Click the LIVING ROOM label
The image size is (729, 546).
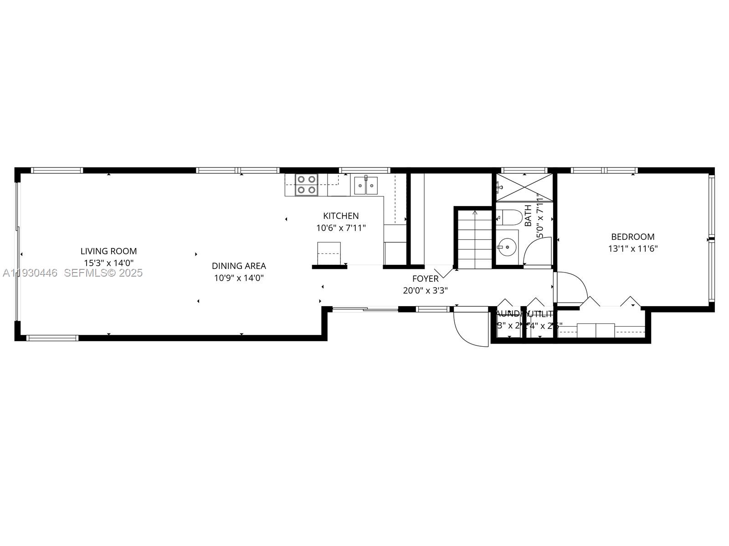[108, 251]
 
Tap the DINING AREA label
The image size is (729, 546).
[239, 266]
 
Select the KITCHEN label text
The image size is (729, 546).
[341, 216]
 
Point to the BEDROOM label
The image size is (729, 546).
[632, 237]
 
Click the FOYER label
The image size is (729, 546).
[425, 279]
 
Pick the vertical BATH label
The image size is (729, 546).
[528, 216]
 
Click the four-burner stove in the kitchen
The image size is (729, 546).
[306, 185]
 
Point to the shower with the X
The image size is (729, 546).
[524, 187]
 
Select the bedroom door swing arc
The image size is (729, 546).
[572, 287]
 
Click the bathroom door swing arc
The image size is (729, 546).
[538, 253]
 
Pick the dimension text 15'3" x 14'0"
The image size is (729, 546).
[108, 263]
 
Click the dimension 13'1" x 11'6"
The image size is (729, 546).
[632, 249]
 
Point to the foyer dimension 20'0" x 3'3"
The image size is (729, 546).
[425, 291]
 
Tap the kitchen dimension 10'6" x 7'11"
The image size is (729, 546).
[341, 228]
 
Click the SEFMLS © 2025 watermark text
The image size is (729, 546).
[103, 273]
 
